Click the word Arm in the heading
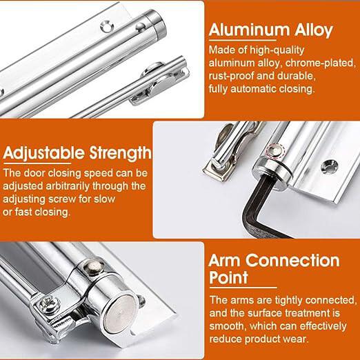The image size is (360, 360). pyautogui.click(x=229, y=261)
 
